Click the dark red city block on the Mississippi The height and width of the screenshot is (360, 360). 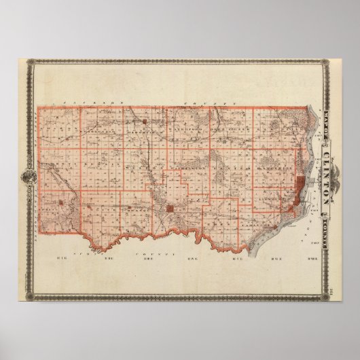point(298,184)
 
